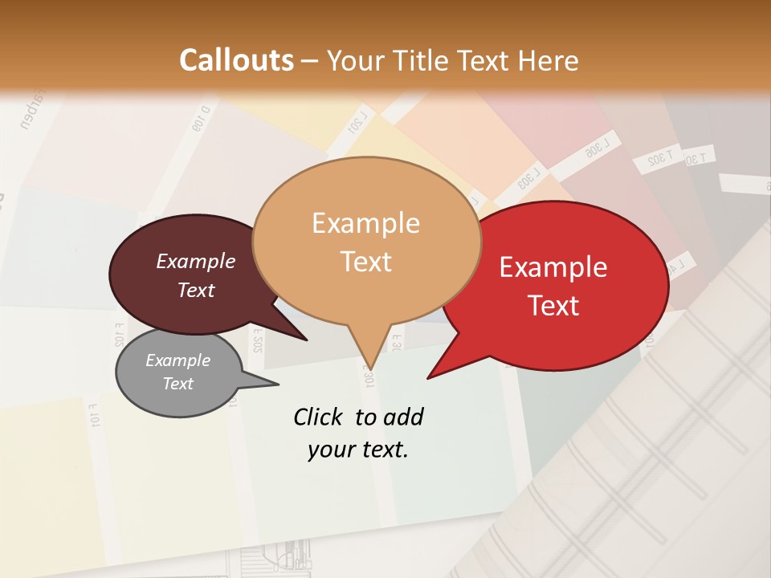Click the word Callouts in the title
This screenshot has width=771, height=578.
(x=236, y=60)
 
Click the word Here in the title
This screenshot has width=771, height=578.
(x=547, y=60)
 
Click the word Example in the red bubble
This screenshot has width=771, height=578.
(x=553, y=267)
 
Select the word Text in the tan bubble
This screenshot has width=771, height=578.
(x=365, y=262)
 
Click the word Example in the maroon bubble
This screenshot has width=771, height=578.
(x=195, y=261)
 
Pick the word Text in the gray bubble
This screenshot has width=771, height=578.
(x=177, y=384)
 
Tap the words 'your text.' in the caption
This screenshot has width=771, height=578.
(x=357, y=450)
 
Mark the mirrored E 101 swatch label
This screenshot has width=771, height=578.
(x=93, y=415)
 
